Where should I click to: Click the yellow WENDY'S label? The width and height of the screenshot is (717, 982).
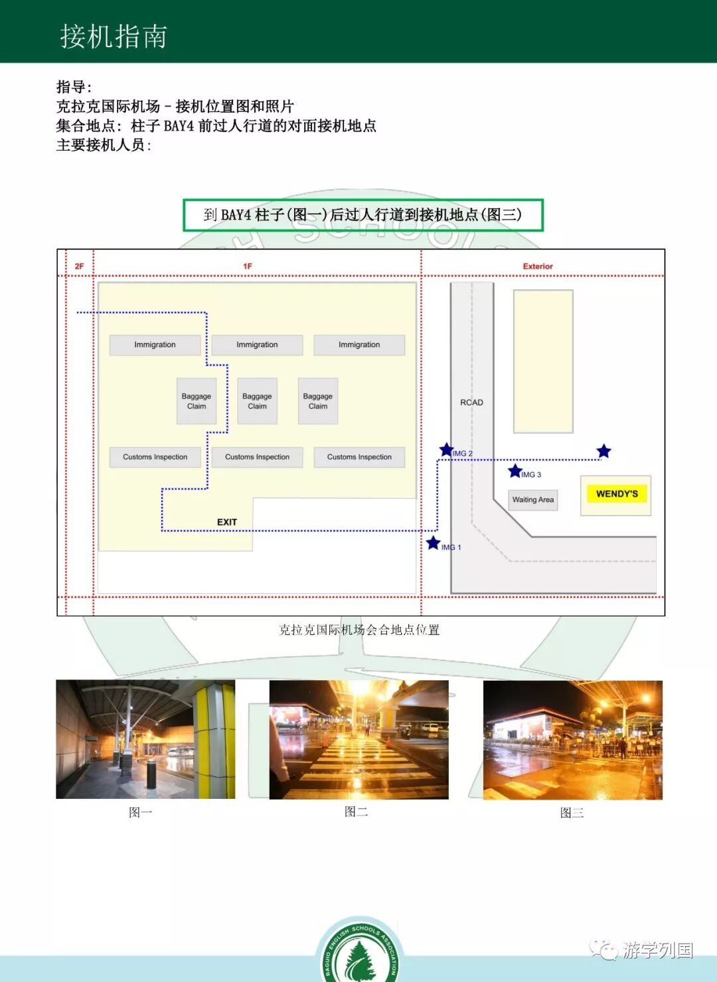click(617, 494)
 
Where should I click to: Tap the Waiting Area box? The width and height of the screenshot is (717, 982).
click(532, 500)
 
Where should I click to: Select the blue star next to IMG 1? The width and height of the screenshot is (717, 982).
click(434, 543)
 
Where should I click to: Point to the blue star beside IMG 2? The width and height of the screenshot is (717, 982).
click(447, 451)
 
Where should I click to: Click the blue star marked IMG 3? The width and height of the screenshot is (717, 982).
click(515, 471)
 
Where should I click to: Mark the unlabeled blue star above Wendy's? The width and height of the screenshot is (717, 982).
click(603, 452)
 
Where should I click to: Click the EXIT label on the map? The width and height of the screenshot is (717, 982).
click(227, 522)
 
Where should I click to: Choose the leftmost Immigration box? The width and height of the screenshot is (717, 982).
click(155, 345)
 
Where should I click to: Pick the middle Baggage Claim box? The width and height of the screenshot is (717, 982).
click(257, 401)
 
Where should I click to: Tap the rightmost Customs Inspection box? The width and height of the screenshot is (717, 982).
click(359, 457)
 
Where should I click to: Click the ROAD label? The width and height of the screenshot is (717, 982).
click(471, 402)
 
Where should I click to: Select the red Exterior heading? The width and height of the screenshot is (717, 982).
click(537, 266)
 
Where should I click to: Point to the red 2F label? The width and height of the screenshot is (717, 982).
click(79, 266)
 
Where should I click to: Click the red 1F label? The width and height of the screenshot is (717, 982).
click(248, 266)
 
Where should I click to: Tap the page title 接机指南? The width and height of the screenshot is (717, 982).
click(114, 36)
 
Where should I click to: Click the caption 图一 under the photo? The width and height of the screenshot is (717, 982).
click(141, 812)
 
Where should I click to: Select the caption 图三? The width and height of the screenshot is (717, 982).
click(572, 813)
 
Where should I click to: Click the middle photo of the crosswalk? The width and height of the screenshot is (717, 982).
click(358, 739)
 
